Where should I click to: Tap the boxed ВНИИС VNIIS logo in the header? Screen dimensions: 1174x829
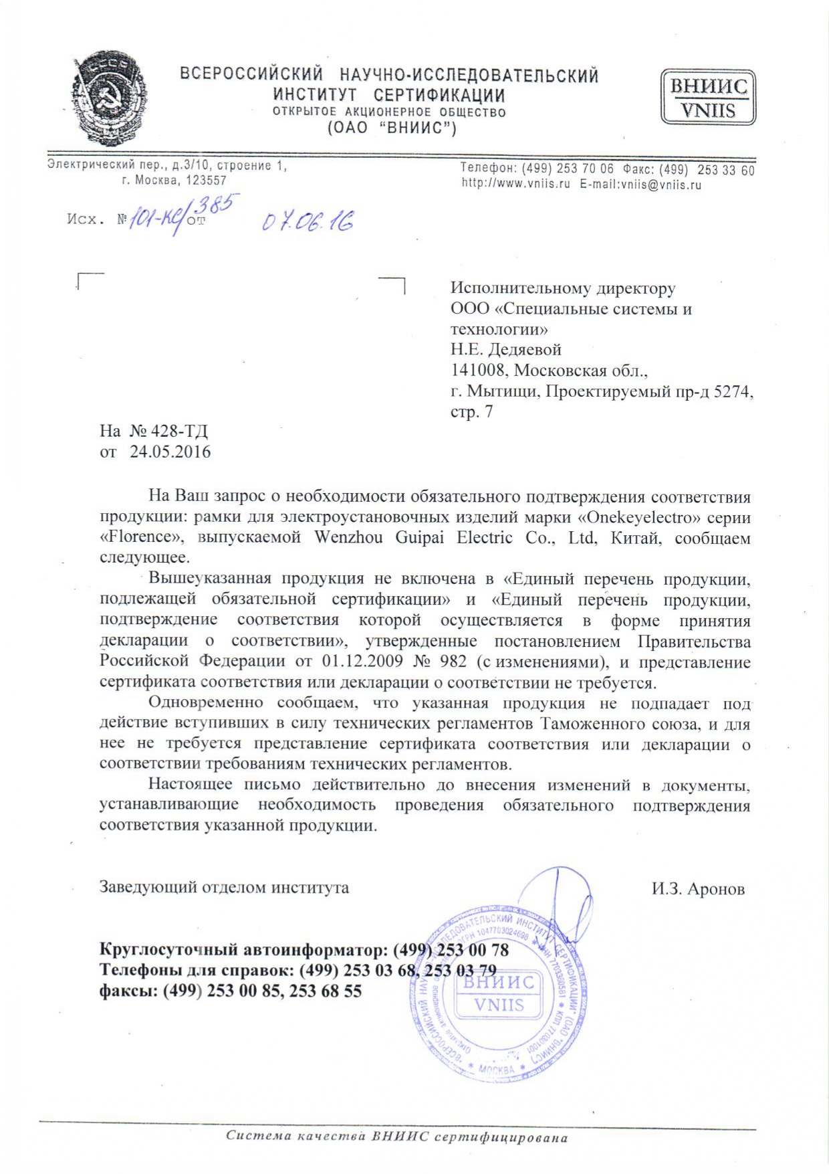click(708, 98)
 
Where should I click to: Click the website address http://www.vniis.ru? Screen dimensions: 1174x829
click(515, 185)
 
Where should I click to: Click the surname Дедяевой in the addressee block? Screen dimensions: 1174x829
click(525, 350)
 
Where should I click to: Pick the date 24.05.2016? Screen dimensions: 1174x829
click(170, 452)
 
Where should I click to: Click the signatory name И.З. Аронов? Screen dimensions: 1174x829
click(698, 889)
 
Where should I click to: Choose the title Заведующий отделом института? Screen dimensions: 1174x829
click(224, 888)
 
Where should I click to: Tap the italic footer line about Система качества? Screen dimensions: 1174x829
click(396, 1137)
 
